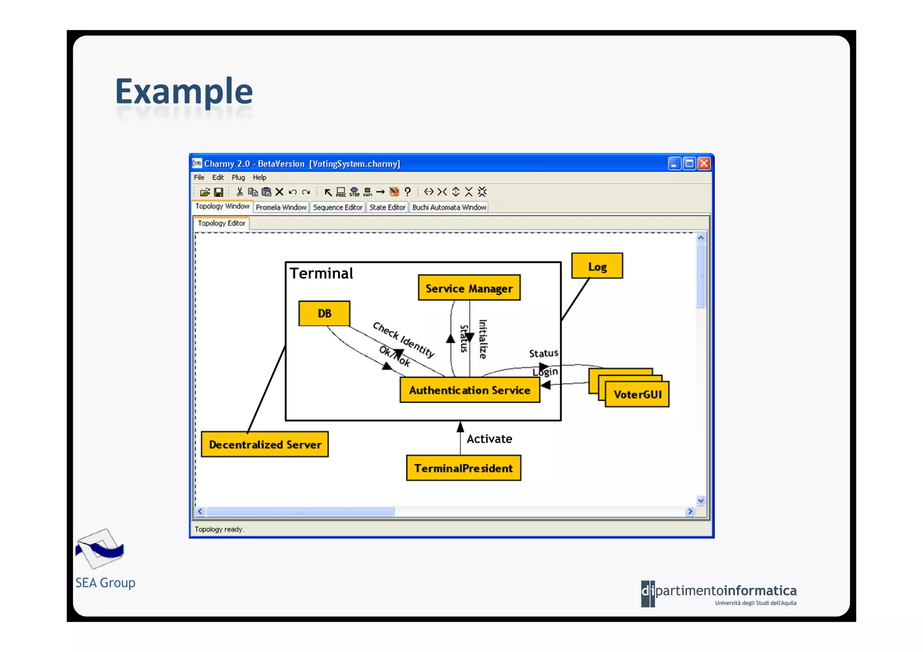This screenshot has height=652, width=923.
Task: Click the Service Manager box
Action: pyautogui.click(x=469, y=288)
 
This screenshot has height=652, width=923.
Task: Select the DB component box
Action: pyautogui.click(x=324, y=313)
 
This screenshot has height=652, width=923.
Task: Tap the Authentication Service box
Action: pyautogui.click(x=470, y=390)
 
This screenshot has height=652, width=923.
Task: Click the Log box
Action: pyautogui.click(x=597, y=266)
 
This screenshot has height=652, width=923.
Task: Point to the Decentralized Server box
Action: pyautogui.click(x=265, y=444)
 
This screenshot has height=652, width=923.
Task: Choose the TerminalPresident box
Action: pyautogui.click(x=463, y=468)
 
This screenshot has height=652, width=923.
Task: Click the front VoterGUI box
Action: pyautogui.click(x=637, y=394)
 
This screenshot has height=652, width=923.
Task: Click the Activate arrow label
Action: pyautogui.click(x=489, y=439)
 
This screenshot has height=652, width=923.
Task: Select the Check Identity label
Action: pyautogui.click(x=403, y=339)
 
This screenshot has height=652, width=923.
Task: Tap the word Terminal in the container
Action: pyautogui.click(x=321, y=274)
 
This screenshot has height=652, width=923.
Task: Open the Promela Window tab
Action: pyautogui.click(x=281, y=207)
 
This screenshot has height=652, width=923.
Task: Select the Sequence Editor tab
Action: pyautogui.click(x=338, y=207)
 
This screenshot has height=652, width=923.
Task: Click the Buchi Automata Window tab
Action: pyautogui.click(x=449, y=207)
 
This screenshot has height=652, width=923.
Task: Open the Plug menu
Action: pyautogui.click(x=238, y=178)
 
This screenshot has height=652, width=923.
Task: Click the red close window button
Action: pyautogui.click(x=704, y=164)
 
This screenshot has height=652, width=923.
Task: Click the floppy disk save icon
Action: pyautogui.click(x=219, y=192)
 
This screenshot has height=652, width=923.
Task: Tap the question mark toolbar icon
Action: pyautogui.click(x=407, y=192)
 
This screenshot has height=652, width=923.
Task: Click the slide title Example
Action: pyautogui.click(x=184, y=91)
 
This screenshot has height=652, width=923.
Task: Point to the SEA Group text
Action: pyautogui.click(x=105, y=583)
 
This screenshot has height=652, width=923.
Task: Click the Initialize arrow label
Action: pyautogui.click(x=483, y=339)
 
